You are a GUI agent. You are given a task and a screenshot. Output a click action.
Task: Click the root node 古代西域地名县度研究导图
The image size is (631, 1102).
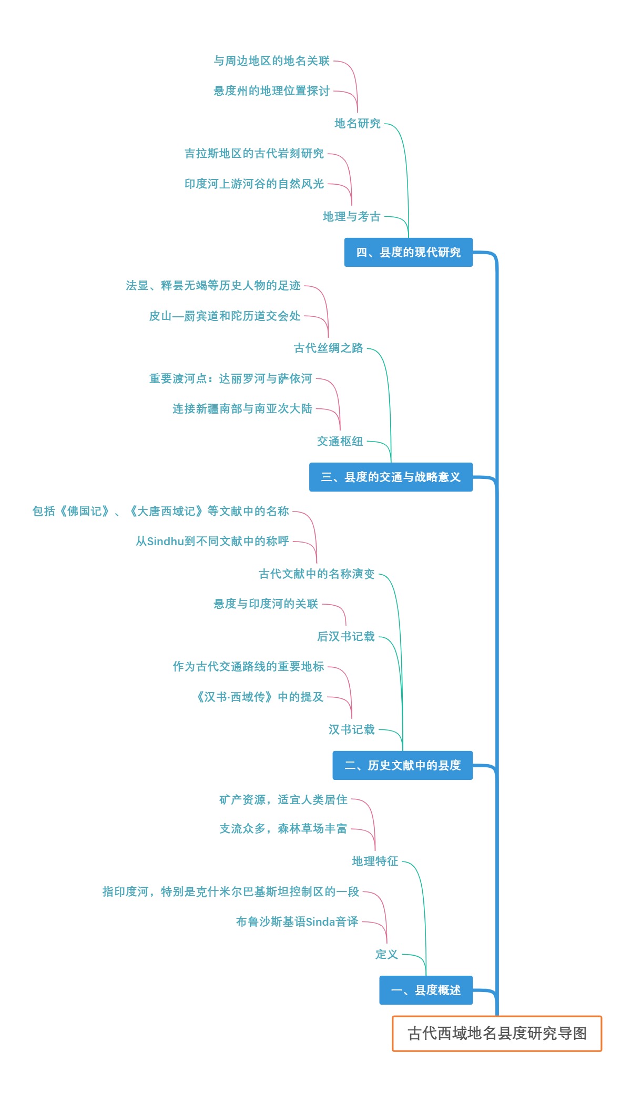497,1033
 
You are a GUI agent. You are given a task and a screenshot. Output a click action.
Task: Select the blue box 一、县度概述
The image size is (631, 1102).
426,990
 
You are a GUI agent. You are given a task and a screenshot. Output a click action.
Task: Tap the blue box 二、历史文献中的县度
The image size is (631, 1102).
403,765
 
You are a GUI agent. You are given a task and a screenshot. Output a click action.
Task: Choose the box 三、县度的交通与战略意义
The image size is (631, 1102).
391,477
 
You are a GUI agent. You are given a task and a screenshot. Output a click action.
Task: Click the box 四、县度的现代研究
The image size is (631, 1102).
409,252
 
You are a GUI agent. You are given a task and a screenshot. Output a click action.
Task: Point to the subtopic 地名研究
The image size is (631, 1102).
358,123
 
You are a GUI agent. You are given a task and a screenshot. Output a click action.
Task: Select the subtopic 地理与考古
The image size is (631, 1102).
351,216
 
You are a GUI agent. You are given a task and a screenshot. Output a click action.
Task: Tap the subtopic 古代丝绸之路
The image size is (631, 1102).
328,348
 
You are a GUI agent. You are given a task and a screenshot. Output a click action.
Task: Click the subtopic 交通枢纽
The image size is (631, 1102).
340,441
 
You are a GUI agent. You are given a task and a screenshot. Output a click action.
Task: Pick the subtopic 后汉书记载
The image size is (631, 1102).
345,636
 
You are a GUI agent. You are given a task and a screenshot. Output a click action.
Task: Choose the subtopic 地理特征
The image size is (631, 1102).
375,861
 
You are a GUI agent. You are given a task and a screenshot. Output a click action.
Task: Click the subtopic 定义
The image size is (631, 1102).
386,954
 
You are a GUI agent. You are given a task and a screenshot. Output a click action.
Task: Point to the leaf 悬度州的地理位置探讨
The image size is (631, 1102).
271,91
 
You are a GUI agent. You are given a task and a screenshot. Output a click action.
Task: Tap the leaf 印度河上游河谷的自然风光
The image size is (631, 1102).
254,184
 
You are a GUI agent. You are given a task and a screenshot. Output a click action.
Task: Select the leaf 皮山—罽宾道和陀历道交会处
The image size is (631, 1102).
225,316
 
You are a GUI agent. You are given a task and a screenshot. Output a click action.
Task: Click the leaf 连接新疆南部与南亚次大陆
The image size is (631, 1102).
242,408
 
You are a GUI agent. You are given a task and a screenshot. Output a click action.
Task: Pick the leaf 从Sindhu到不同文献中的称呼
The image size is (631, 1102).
212,541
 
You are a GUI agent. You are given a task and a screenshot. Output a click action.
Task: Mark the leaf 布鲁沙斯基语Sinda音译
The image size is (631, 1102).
297,921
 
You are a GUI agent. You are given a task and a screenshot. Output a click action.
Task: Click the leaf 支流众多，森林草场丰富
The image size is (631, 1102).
283,828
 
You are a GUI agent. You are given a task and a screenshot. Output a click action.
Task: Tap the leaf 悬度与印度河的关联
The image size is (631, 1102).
266,604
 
